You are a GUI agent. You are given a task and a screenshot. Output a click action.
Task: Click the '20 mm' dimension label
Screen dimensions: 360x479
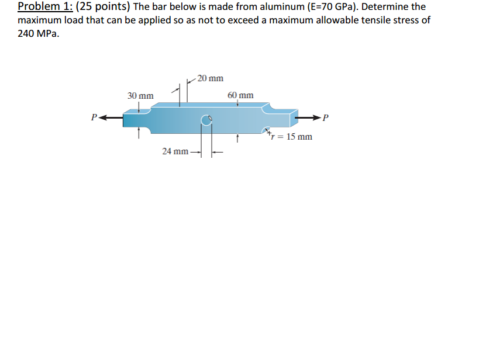pos(211,78)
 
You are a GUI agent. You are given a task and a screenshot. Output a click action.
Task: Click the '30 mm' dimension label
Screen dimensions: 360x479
pos(140,95)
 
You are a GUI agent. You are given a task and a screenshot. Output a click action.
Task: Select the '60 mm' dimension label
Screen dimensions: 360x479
pos(240,95)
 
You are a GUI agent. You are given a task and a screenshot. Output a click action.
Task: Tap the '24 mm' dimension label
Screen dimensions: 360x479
pos(175,151)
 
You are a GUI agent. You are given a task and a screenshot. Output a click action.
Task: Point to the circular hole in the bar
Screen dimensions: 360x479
pos(206,120)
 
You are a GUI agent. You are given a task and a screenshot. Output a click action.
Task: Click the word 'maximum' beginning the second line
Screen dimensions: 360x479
pos(38,20)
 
